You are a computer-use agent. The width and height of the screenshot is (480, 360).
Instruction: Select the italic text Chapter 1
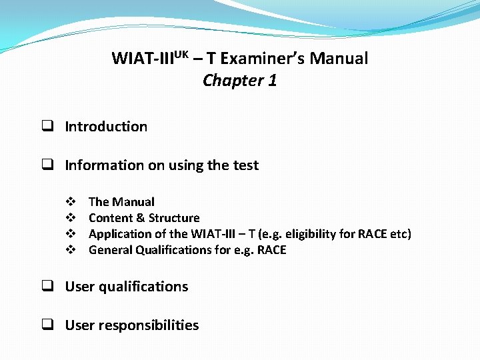(x=239, y=81)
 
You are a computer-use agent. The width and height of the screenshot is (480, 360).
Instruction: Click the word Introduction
(x=106, y=127)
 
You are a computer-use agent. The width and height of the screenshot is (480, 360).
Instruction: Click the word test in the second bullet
(x=245, y=165)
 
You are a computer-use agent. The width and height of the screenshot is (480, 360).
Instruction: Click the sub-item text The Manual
(x=121, y=202)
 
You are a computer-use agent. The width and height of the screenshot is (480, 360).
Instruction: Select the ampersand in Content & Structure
(x=140, y=218)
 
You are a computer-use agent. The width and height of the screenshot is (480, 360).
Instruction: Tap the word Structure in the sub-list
(x=174, y=218)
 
